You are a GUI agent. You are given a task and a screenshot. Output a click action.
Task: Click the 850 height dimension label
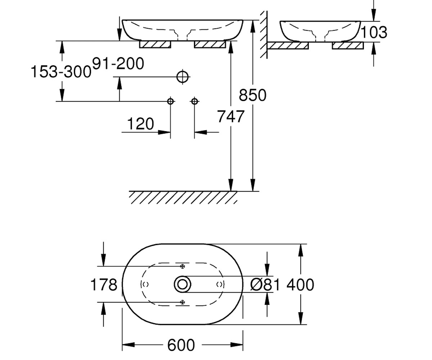pyautogui.click(x=252, y=95)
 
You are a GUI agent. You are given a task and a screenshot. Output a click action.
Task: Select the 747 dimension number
pyautogui.click(x=230, y=117)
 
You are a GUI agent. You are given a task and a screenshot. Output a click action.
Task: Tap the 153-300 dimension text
pyautogui.click(x=61, y=72)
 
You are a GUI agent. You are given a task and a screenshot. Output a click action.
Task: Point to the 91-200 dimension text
pyautogui.click(x=118, y=63)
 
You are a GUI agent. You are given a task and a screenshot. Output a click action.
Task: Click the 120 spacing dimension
pyautogui.click(x=140, y=124)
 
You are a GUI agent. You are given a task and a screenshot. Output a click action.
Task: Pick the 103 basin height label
pyautogui.click(x=374, y=32)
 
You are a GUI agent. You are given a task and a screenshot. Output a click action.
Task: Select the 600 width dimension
pyautogui.click(x=181, y=345)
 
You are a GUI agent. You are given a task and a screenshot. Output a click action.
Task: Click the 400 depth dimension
pyautogui.click(x=300, y=285)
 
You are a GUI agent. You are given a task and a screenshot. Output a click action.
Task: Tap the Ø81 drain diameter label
pyautogui.click(x=265, y=285)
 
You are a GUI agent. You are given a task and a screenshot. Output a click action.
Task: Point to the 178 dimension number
pyautogui.click(x=104, y=285)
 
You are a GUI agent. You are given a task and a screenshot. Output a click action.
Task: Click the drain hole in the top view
pyautogui.click(x=182, y=284)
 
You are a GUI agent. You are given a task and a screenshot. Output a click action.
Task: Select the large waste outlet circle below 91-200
pyautogui.click(x=183, y=77)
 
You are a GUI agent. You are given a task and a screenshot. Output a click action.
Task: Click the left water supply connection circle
pyautogui.click(x=170, y=102)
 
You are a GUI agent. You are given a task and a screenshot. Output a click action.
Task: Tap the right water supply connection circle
pyautogui.click(x=194, y=102)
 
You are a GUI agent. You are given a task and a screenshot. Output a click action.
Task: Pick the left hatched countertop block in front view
pyautogui.click(x=155, y=44)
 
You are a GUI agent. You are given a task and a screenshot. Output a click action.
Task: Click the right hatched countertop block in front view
pyautogui.click(x=210, y=44)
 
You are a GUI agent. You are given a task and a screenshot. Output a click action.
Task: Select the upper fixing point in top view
pyautogui.click(x=182, y=266)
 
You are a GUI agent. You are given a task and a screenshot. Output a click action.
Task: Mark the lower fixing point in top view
pyautogui.click(x=182, y=302)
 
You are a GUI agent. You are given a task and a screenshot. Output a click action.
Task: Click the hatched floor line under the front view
pyautogui.click(x=183, y=197)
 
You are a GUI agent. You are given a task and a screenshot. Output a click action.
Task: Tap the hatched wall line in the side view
pyautogui.click(x=264, y=35)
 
